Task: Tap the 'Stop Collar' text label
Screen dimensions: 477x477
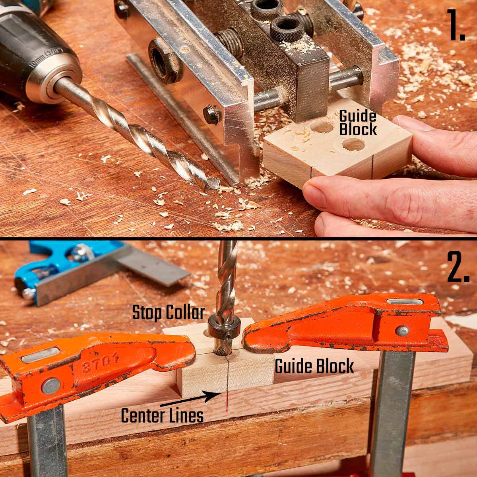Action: point(169,312)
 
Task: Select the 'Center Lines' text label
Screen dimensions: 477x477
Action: point(162,415)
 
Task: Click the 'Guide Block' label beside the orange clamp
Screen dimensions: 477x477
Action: point(314,366)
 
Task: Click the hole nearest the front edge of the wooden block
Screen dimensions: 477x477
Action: point(353,145)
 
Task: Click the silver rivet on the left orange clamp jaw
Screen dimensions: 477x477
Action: point(51,387)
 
